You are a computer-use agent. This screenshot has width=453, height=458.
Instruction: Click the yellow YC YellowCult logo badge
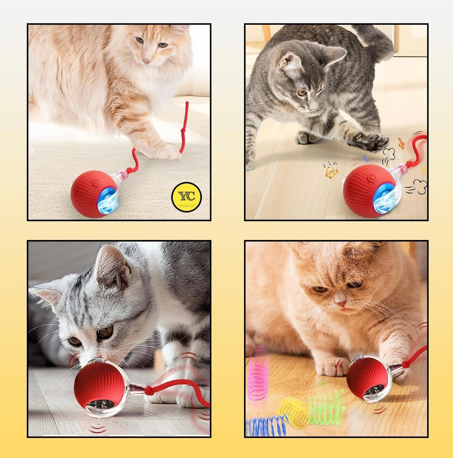tap(186, 197)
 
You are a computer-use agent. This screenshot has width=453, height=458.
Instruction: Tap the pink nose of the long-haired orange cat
tap(146, 61)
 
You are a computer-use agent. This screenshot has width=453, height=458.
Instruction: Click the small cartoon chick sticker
tap(331, 172)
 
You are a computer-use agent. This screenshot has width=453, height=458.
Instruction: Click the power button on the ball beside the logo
tap(96, 182)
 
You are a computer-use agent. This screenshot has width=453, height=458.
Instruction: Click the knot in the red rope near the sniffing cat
tap(149, 390)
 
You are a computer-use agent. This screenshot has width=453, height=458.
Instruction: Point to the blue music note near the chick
tap(366, 158)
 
